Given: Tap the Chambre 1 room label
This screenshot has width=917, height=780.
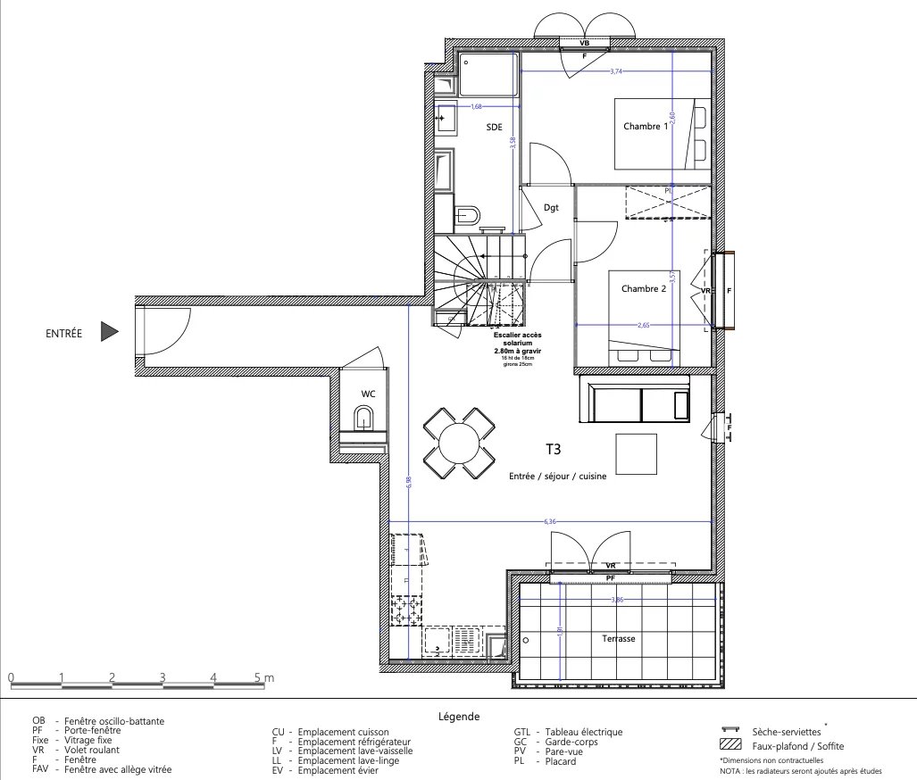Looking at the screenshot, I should click(645, 127).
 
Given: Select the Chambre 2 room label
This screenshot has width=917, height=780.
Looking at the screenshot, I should click(643, 288).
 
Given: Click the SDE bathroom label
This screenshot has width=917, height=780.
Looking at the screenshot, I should click(494, 128).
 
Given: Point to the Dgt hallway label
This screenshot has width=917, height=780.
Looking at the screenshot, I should click(551, 207).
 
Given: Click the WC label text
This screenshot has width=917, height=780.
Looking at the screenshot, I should click(368, 394).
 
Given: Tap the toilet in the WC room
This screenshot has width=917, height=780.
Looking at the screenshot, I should click(363, 418).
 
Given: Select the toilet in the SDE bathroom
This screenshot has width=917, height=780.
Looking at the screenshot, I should click(467, 215).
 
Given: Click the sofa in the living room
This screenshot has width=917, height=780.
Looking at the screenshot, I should click(636, 399).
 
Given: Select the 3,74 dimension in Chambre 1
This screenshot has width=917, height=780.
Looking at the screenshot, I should click(616, 71).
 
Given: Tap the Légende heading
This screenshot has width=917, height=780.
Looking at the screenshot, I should click(459, 716).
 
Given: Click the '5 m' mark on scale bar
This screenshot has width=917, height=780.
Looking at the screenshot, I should click(265, 677).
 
